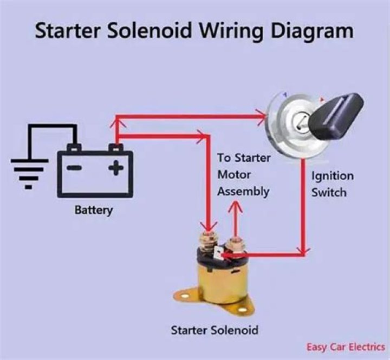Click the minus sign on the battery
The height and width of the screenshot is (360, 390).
74,168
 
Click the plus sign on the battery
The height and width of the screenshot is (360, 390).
115,168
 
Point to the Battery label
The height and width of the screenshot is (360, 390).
93,210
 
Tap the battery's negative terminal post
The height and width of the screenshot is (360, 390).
74,147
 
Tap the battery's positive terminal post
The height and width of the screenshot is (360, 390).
114,147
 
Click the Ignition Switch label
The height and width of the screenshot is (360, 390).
332,184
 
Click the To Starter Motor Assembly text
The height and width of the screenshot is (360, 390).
243,174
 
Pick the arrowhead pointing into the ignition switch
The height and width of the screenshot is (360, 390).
261,115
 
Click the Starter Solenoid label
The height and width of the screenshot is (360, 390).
214,330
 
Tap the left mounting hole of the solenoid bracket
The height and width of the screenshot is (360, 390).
184,296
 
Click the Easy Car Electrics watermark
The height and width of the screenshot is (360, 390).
345,347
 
